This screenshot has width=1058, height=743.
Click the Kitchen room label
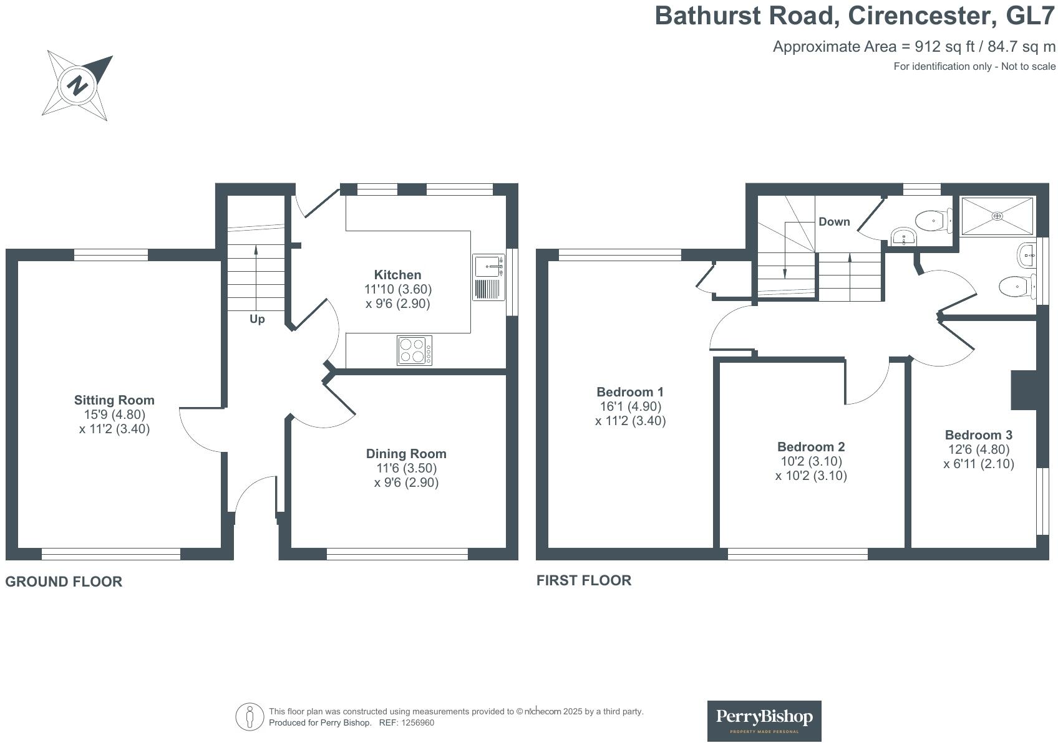[x=397, y=275]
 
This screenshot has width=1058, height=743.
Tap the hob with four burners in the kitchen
[x=414, y=350]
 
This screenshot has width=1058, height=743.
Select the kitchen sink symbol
[x=488, y=267]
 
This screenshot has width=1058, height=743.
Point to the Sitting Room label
[x=114, y=400]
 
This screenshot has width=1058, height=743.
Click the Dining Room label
[x=406, y=454]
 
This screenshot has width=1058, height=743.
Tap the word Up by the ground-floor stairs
[x=257, y=319]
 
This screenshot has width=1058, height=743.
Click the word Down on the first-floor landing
[x=834, y=222]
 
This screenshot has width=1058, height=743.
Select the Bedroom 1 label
[x=630, y=392]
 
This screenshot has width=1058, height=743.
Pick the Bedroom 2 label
[x=811, y=447]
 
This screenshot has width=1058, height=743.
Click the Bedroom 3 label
[x=978, y=435]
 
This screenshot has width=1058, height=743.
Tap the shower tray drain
[x=997, y=216]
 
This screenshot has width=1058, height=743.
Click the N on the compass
[x=77, y=85]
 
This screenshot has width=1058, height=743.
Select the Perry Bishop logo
[x=764, y=721]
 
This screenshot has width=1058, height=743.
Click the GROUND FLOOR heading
[x=64, y=582]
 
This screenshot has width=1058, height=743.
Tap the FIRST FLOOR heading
[x=584, y=580]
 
